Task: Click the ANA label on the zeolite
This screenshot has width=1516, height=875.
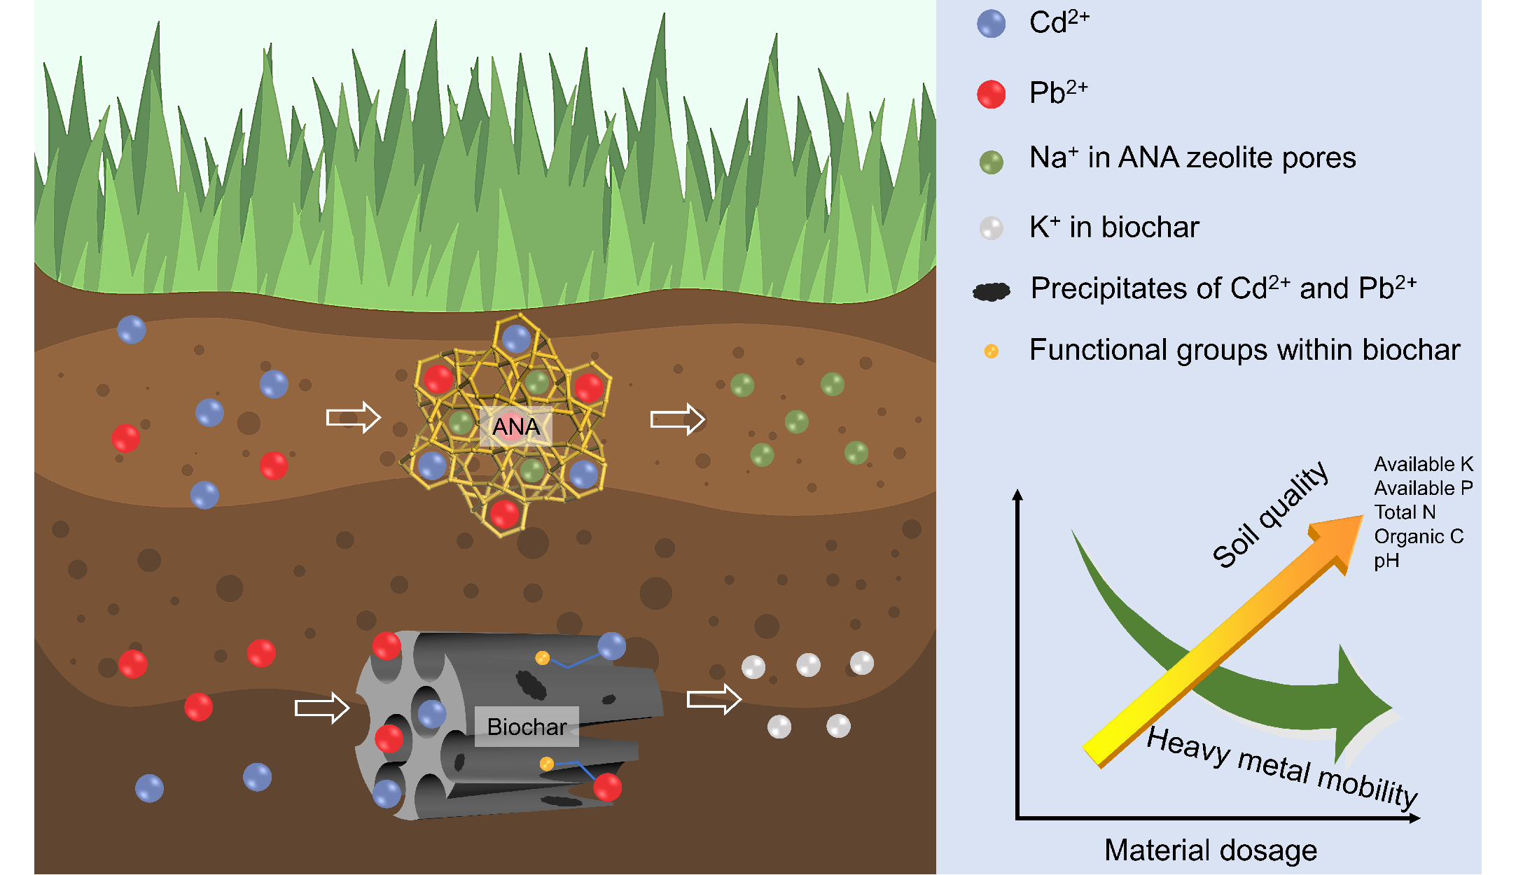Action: click(x=516, y=426)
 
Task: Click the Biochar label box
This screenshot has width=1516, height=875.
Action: click(x=527, y=727)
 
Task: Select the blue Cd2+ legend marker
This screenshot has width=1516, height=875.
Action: click(x=991, y=24)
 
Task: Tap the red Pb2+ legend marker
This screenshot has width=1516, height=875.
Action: click(x=991, y=94)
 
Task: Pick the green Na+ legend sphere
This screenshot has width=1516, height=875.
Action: click(x=991, y=162)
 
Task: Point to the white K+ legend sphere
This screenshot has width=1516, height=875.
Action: click(x=991, y=228)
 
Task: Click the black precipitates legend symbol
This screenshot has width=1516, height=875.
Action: click(x=992, y=291)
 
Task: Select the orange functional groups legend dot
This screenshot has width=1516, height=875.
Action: click(x=991, y=351)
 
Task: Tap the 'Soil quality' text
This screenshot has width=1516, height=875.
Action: click(x=1270, y=514)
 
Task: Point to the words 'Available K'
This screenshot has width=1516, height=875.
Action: click(x=1423, y=464)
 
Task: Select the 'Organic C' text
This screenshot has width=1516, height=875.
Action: click(x=1418, y=537)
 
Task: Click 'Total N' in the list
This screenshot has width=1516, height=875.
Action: click(x=1404, y=512)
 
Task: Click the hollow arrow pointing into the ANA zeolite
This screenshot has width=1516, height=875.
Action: click(x=353, y=418)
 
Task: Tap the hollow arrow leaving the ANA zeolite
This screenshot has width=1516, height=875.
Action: click(x=677, y=419)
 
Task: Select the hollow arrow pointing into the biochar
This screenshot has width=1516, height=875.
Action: click(x=321, y=708)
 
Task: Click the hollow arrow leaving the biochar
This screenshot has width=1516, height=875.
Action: click(x=714, y=699)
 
